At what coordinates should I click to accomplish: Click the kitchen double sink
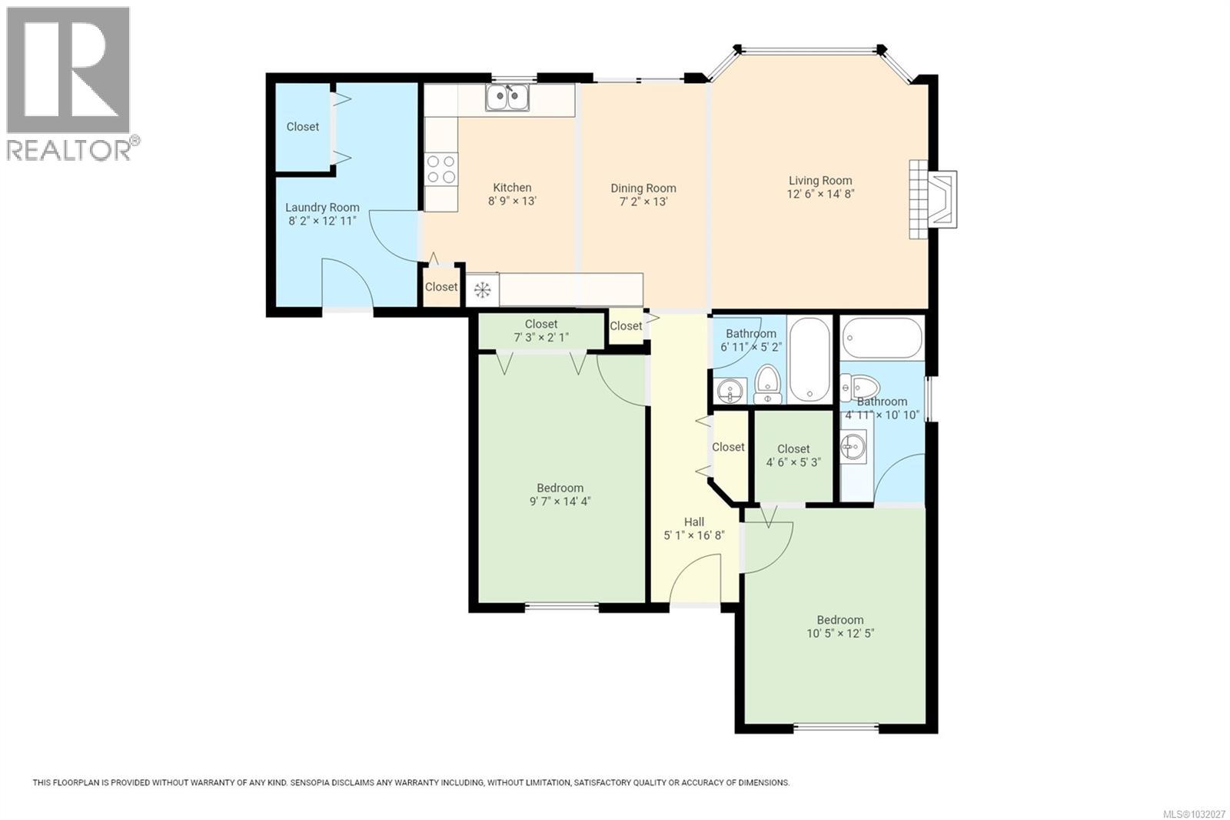pyautogui.click(x=507, y=98)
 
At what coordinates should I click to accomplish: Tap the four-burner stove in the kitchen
pyautogui.click(x=441, y=169)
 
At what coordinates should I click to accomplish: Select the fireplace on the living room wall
pyautogui.click(x=934, y=199)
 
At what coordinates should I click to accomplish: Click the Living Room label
pyautogui.click(x=820, y=181)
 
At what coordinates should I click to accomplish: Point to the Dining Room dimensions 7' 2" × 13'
pyautogui.click(x=643, y=202)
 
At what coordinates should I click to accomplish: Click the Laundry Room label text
pyautogui.click(x=322, y=207)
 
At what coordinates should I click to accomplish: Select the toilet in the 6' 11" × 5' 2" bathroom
pyautogui.click(x=766, y=383)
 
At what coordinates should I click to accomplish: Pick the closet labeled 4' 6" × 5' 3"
pyautogui.click(x=793, y=455)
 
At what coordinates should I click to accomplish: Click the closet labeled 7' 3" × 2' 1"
pyautogui.click(x=541, y=331)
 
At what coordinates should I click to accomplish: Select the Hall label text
pyautogui.click(x=693, y=522)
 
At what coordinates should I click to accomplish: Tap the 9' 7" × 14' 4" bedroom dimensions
pyautogui.click(x=560, y=502)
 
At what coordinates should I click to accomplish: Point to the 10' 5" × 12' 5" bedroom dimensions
pyautogui.click(x=840, y=634)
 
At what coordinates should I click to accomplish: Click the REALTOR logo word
pyautogui.click(x=69, y=149)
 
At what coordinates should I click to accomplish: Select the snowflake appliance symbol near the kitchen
pyautogui.click(x=482, y=290)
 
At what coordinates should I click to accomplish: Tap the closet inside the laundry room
pyautogui.click(x=302, y=127)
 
